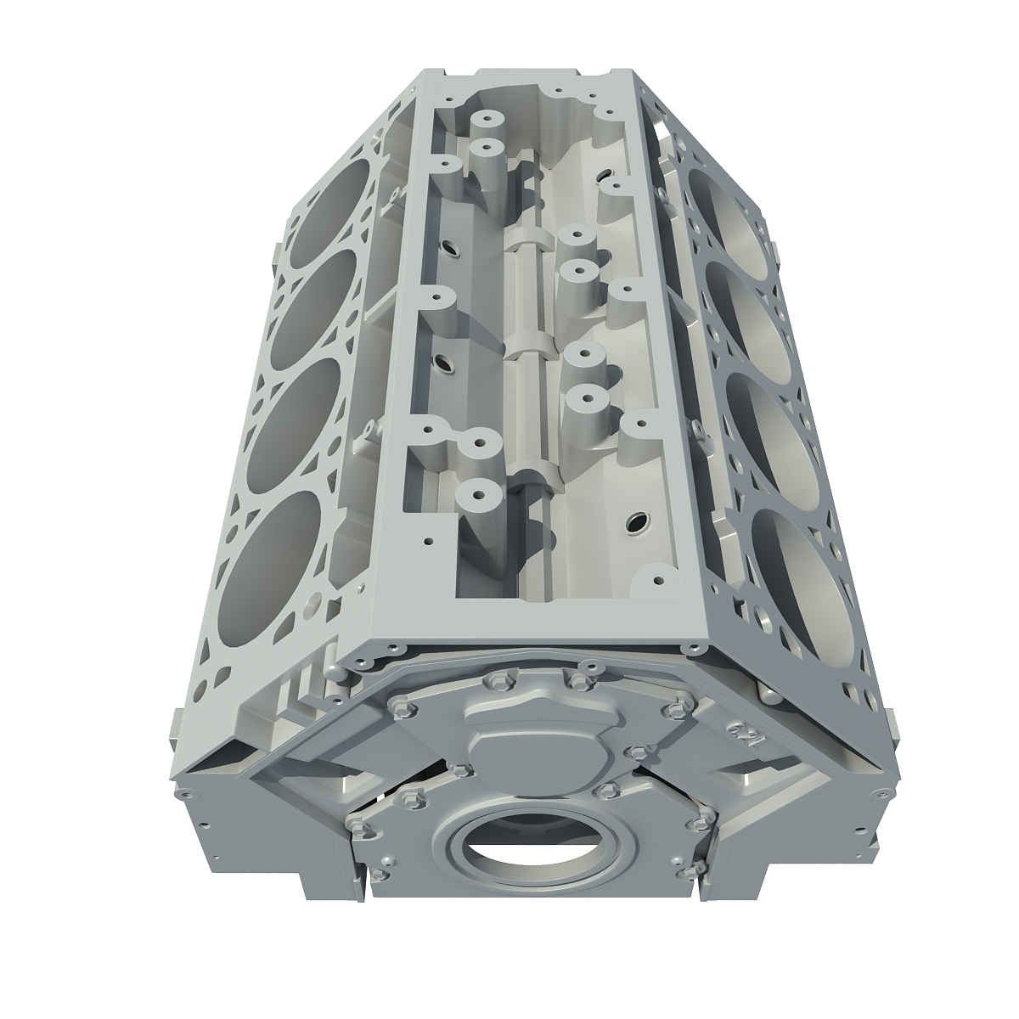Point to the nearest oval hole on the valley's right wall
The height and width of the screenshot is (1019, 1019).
pyautogui.click(x=635, y=519)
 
